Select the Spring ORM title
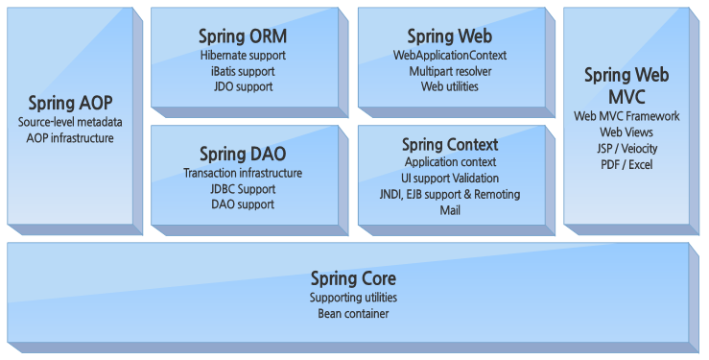click(x=243, y=36)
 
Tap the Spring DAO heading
click(x=243, y=154)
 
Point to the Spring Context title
click(x=450, y=145)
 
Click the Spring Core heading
click(x=353, y=278)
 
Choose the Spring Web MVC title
click(x=626, y=86)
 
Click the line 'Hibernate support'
click(x=243, y=56)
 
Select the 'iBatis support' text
click(x=243, y=71)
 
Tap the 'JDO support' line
click(x=243, y=86)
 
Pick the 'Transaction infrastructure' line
click(x=243, y=174)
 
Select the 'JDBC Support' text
click(x=243, y=189)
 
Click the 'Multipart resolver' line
click(x=449, y=72)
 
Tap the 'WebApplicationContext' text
click(x=449, y=56)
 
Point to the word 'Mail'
click(x=450, y=210)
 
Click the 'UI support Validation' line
click(x=450, y=179)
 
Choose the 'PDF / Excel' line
click(x=626, y=165)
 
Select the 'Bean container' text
click(x=353, y=313)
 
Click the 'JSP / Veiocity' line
click(x=626, y=149)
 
